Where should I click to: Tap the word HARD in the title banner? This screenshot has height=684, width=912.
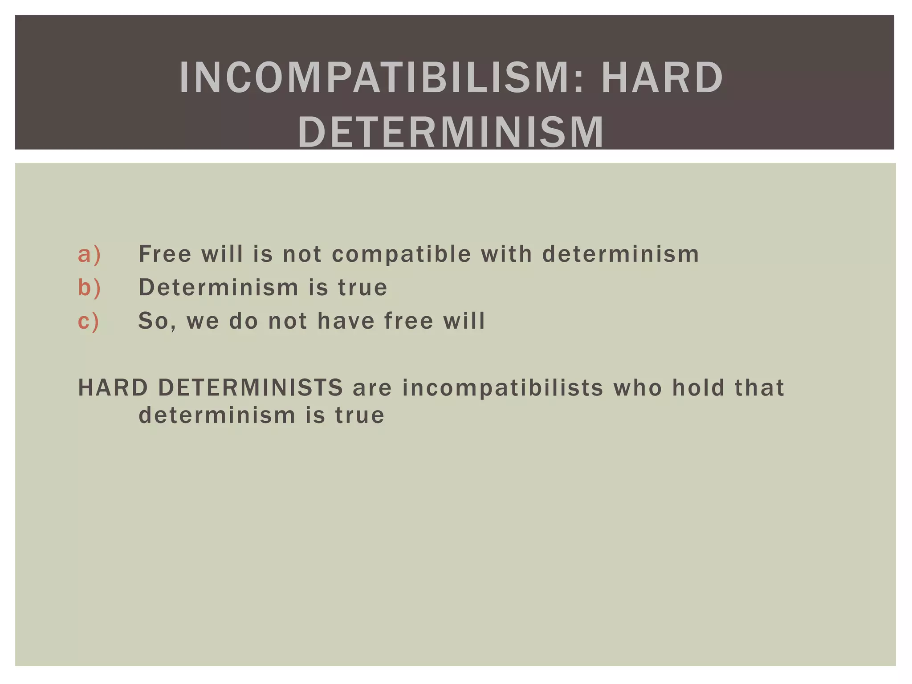point(662,78)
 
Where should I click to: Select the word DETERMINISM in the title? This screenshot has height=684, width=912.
point(451,132)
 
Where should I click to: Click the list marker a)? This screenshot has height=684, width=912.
point(90,255)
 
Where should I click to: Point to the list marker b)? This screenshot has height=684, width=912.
point(90,287)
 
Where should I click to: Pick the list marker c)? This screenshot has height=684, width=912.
point(89,321)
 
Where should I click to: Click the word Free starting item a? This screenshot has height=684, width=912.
point(165,254)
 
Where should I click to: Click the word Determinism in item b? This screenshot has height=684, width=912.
point(218,287)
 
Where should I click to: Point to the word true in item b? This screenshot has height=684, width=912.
point(362,288)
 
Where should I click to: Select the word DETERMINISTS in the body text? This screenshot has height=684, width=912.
point(251,387)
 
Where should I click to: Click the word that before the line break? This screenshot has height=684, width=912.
point(759,387)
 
